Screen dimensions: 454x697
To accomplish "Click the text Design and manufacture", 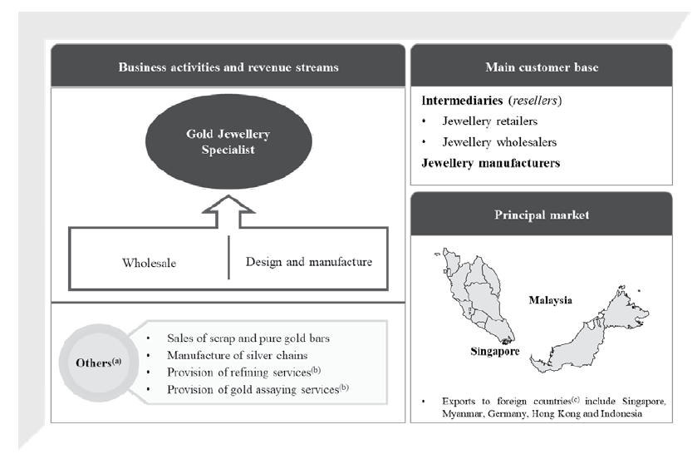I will tap(308, 262).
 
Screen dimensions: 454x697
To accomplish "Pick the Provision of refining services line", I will tap(238, 373).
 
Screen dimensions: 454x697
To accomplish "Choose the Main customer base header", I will tap(541, 67).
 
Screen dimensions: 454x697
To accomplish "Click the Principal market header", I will tap(541, 215).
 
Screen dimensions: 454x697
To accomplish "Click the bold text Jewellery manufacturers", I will tap(490, 163).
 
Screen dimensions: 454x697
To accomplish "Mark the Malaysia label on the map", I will tap(551, 299).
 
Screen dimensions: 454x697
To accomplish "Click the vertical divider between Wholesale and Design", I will tap(228, 259).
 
